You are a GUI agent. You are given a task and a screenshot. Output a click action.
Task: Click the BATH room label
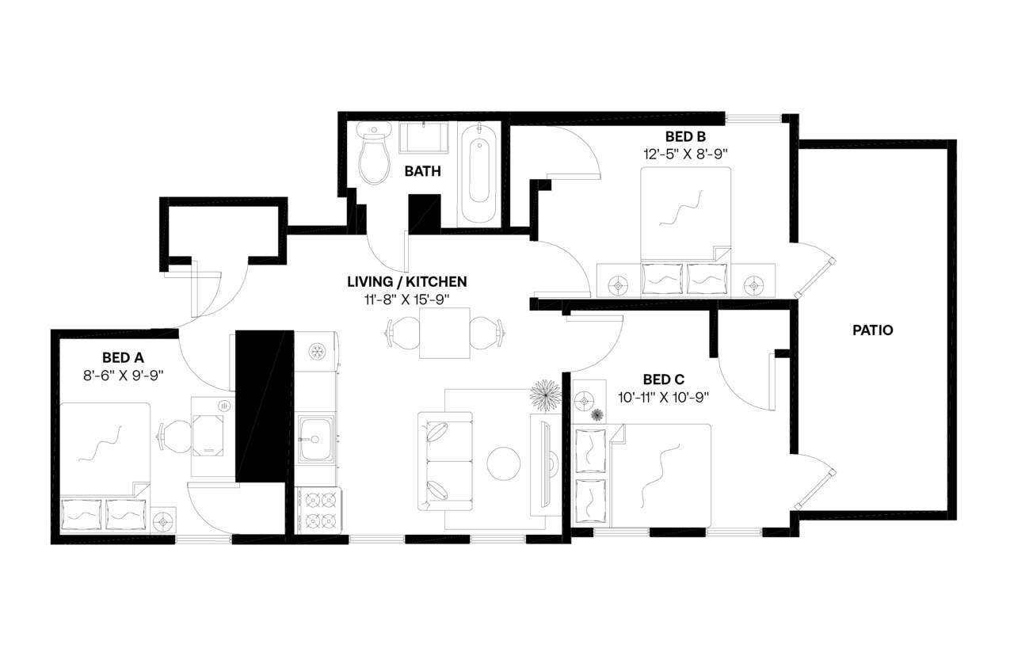[422, 171]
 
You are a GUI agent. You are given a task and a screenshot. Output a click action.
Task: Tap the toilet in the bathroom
[373, 154]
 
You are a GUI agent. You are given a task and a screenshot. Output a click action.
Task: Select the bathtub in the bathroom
[481, 174]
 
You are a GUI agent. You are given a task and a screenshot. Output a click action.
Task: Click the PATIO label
[872, 330]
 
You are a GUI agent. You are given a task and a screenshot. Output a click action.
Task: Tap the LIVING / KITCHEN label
[407, 281]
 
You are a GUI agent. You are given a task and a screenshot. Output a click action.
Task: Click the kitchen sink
[315, 437]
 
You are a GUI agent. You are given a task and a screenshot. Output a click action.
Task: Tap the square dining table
[444, 333]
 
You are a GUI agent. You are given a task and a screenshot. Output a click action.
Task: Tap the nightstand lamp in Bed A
[164, 521]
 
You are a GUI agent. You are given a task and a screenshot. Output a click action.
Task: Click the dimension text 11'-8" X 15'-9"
[407, 298]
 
